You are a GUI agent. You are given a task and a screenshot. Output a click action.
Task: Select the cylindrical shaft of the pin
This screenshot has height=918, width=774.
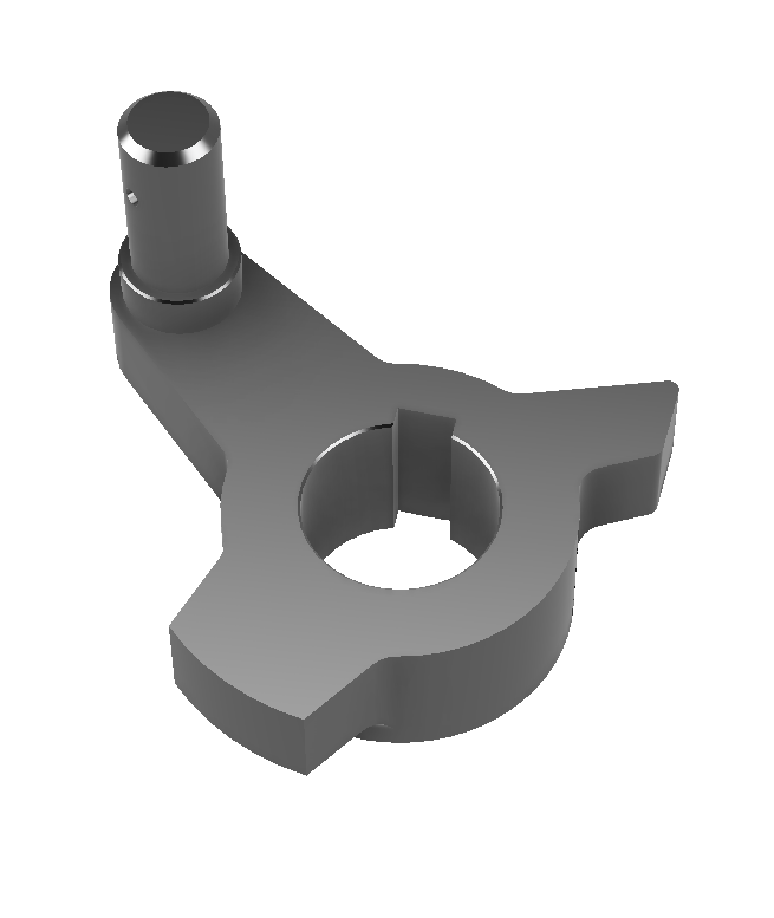coord(177,224)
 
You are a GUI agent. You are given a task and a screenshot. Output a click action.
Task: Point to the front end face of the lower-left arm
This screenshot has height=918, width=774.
coord(236,697)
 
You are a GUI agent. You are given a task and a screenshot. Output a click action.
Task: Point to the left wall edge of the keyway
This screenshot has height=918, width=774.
coord(394,467)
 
